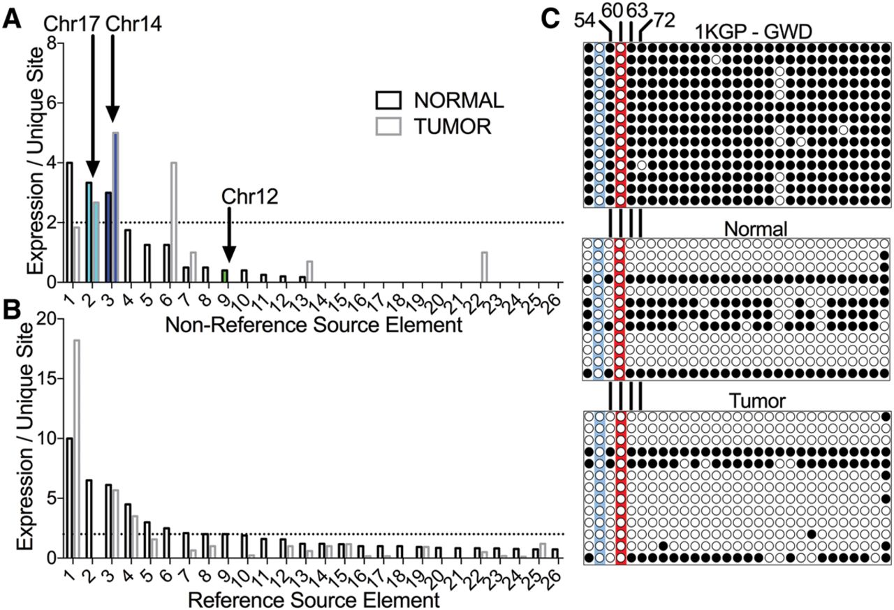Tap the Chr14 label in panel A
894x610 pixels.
[x=133, y=24]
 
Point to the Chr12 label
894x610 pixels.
[x=251, y=196]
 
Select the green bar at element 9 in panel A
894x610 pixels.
[x=224, y=276]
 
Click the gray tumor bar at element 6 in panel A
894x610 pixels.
[x=173, y=222]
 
